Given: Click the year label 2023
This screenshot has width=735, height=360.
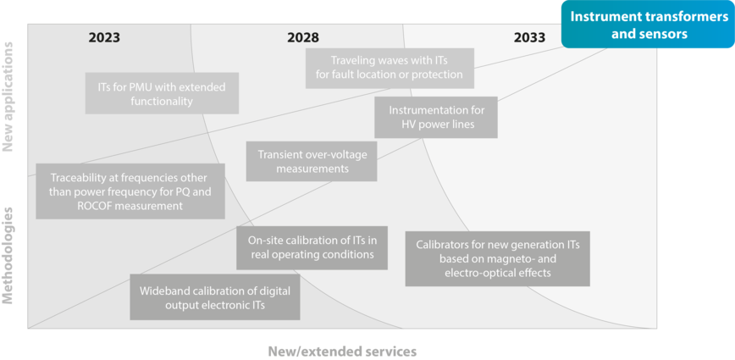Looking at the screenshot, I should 104,37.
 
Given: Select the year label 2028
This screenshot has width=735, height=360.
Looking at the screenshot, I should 302,37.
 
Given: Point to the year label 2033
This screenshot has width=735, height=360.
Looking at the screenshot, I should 529,37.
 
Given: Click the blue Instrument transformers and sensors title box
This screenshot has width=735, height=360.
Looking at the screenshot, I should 648,25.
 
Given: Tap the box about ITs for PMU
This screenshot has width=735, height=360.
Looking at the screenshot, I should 162,93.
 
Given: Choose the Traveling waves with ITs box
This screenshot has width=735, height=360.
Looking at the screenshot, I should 390,68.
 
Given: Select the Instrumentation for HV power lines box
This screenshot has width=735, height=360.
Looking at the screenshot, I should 436,117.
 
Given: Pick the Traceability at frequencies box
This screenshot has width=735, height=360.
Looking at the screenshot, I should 130,191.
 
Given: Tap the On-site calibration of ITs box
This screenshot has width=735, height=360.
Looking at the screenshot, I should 312,246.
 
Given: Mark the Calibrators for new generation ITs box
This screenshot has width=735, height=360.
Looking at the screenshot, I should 497,258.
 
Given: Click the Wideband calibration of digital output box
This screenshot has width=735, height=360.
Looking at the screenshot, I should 214,296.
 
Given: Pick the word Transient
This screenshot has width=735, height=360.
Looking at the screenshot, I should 280,154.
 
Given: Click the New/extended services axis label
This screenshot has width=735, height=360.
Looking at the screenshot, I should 342,350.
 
